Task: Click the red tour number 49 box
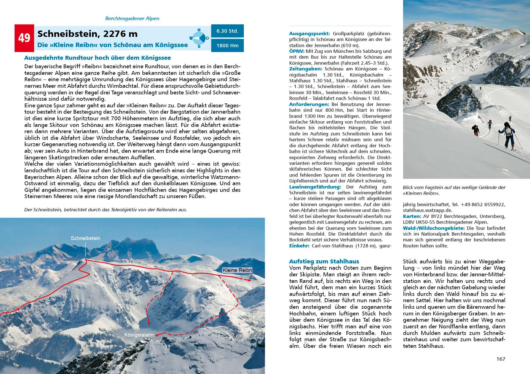pos(24,38)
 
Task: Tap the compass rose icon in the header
pos(199,38)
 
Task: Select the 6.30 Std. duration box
pos(227,31)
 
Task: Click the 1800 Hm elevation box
pos(227,45)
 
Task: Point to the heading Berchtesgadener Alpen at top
pos(132,19)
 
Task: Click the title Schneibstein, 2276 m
pos(88,34)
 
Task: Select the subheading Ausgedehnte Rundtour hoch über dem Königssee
pos(97,58)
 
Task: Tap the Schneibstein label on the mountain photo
pos(85,238)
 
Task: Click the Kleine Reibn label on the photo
pos(237,270)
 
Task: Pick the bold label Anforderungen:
pos(309,104)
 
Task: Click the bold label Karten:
pos(412,216)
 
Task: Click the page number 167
pos(501,359)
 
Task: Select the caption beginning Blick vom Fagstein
pos(454,190)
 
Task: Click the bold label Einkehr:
pos(299,246)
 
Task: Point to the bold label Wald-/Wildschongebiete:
pos(434,228)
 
